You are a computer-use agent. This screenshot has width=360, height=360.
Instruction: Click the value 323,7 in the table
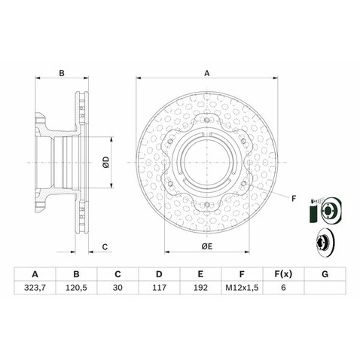[x=35, y=288]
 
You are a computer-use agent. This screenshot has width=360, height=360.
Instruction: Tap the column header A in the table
[x=35, y=273]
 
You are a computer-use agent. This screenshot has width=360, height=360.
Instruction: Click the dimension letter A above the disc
[x=206, y=73]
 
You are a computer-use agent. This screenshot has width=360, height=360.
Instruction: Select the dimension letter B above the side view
[x=62, y=73]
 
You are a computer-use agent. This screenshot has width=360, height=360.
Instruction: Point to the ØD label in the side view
[x=106, y=160]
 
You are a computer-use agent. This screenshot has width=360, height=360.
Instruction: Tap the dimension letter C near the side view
[x=106, y=247]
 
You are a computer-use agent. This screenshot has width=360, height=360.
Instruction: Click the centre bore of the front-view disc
[x=206, y=160]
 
